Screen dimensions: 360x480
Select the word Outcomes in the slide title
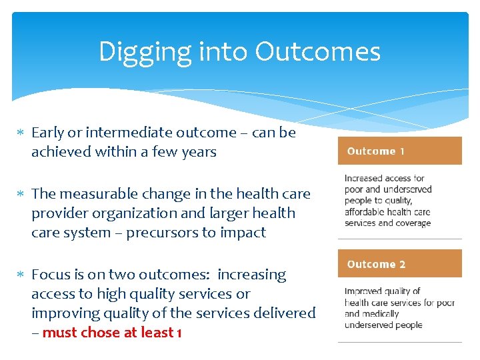(317, 52)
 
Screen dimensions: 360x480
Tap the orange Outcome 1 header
(399, 151)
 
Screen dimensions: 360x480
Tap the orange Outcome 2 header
(399, 264)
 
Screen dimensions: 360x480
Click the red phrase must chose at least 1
(111, 332)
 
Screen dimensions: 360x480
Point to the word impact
(245, 233)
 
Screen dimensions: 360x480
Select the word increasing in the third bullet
(254, 275)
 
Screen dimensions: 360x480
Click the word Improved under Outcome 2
(364, 291)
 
